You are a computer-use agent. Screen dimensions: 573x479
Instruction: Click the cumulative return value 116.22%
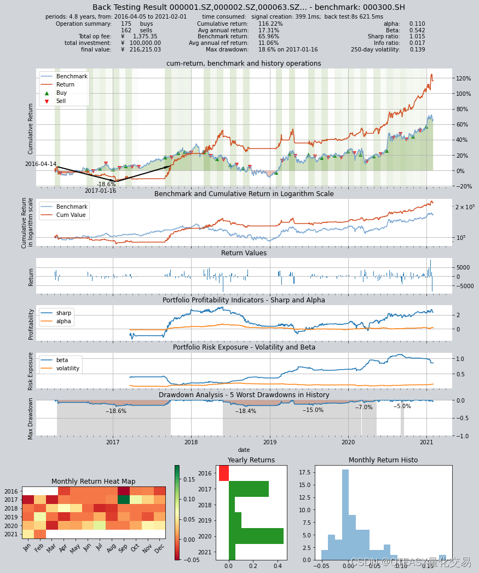pyautogui.click(x=270, y=24)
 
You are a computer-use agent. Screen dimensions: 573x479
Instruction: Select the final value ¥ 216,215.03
pyautogui.click(x=141, y=50)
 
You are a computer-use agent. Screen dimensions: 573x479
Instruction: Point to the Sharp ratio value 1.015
pyautogui.click(x=417, y=37)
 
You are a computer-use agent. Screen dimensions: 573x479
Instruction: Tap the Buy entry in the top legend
pyautogui.click(x=61, y=93)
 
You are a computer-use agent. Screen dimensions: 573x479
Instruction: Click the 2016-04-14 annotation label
pyautogui.click(x=41, y=164)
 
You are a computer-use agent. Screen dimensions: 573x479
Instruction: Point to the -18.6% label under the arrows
pyautogui.click(x=106, y=185)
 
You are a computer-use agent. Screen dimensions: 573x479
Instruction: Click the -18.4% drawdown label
pyautogui.click(x=246, y=411)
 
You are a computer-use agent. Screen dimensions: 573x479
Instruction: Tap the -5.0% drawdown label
pyautogui.click(x=402, y=406)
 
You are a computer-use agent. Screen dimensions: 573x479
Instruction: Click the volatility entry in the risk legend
pyautogui.click(x=68, y=369)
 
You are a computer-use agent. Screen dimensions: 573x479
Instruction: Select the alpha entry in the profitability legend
pyautogui.click(x=64, y=321)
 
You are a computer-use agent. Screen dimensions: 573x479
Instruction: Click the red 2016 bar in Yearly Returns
pyautogui.click(x=223, y=473)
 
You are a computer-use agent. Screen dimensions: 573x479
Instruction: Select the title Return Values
pyautogui.click(x=244, y=253)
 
